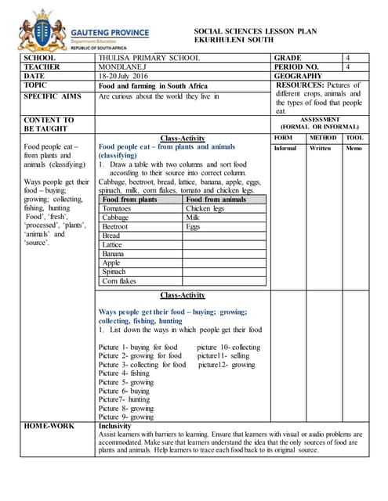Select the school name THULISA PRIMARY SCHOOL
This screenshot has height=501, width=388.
click(x=149, y=58)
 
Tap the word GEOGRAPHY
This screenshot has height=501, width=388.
click(x=298, y=76)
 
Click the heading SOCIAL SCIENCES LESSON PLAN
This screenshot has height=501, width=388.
click(x=245, y=31)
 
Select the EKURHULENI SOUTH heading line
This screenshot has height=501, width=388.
click(x=234, y=39)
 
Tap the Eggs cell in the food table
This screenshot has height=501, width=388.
click(x=193, y=227)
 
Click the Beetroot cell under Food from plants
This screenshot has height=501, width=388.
click(x=117, y=227)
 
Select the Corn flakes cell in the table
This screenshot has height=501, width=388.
click(x=119, y=280)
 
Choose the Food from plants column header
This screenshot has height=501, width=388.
click(x=130, y=200)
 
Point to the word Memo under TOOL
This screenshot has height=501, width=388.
click(x=354, y=148)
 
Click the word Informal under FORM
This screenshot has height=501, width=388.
click(x=285, y=148)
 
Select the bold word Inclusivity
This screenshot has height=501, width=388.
click(x=115, y=427)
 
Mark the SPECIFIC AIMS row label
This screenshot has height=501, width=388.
click(x=53, y=96)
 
